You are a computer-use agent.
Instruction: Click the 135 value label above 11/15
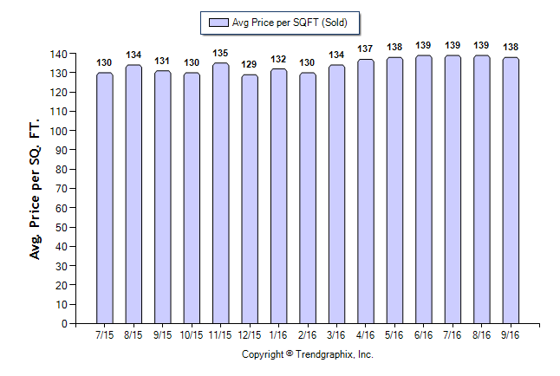tap(220, 53)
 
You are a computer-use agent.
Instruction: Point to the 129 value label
tap(250, 65)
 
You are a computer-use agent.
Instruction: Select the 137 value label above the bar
tap(366, 49)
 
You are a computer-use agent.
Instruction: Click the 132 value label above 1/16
tap(278, 59)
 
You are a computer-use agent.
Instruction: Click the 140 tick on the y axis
tap(58, 55)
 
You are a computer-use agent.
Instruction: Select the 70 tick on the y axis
tap(61, 189)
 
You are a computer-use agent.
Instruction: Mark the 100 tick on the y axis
tap(58, 132)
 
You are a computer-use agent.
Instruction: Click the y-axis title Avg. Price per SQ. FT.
tap(36, 189)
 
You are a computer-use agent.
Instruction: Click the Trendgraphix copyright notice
tap(307, 354)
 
